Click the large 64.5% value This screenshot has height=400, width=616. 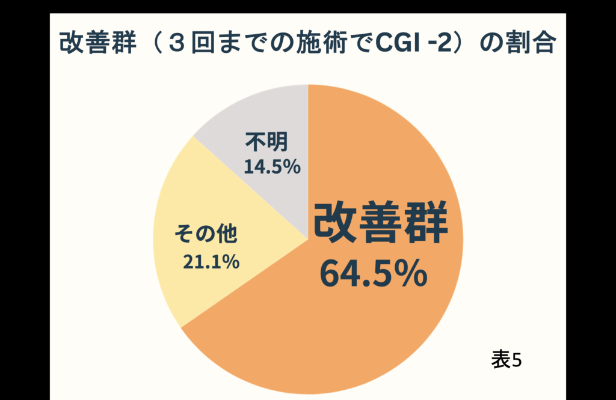373,273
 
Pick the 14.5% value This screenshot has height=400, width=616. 272,167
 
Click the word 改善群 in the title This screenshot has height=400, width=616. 93,44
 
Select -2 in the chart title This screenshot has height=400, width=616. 439,44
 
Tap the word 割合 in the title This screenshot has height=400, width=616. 534,44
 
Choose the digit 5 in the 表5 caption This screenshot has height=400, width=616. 516,360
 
